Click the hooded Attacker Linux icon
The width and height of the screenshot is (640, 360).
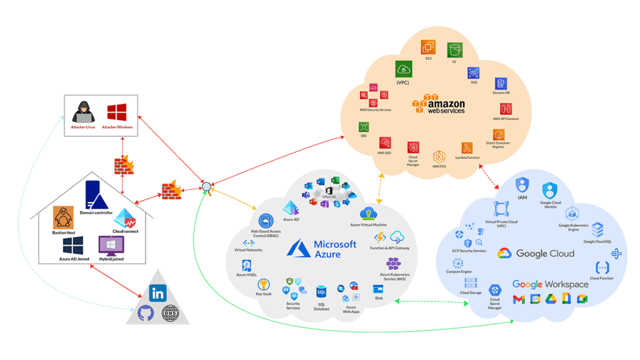pyautogui.click(x=82, y=112)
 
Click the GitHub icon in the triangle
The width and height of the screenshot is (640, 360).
pyautogui.click(x=146, y=312)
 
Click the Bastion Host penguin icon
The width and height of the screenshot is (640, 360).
pyautogui.click(x=64, y=218)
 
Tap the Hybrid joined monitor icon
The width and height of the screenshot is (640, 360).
pyautogui.click(x=110, y=244)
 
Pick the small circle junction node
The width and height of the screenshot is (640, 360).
pyautogui.click(x=206, y=186)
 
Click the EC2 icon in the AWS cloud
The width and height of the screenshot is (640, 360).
pyautogui.click(x=428, y=47)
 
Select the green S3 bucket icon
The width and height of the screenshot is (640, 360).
pyautogui.click(x=455, y=49)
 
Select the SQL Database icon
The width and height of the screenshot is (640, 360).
pyautogui.click(x=322, y=292)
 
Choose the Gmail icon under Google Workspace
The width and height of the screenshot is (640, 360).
pyautogui.click(x=519, y=299)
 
